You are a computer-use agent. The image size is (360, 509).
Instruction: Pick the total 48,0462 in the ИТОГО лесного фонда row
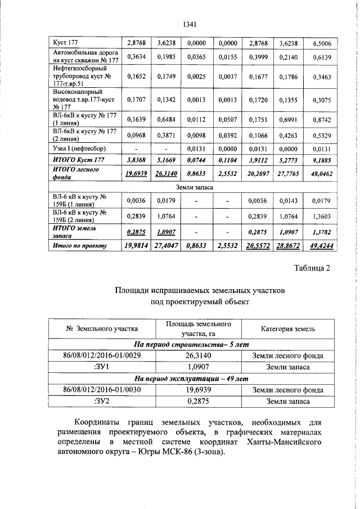pos(321,174)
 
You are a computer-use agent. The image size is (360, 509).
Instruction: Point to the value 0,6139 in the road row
pos(321,56)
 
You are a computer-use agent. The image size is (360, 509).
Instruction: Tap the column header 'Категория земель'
pos(288,328)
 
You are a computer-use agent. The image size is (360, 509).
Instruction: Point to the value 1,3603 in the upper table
pos(321,216)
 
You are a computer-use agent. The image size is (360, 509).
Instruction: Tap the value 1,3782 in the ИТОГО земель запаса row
pos(321,231)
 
